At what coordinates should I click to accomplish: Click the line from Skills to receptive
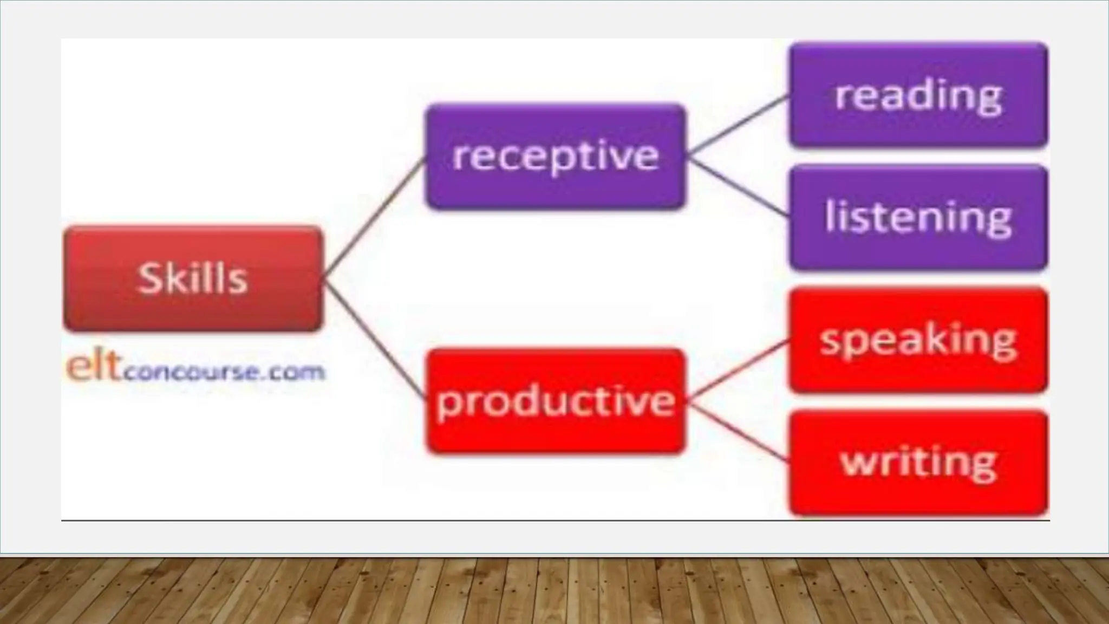[x=374, y=219]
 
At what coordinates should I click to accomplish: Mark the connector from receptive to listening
[x=738, y=187]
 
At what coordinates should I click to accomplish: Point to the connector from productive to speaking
[x=738, y=370]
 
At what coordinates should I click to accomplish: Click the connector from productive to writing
[x=738, y=432]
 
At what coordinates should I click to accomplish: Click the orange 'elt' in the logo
[x=93, y=368]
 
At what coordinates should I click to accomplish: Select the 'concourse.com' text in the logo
[x=223, y=373]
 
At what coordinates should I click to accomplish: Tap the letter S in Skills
[x=150, y=278]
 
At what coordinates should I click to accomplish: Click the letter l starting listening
[x=829, y=216]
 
